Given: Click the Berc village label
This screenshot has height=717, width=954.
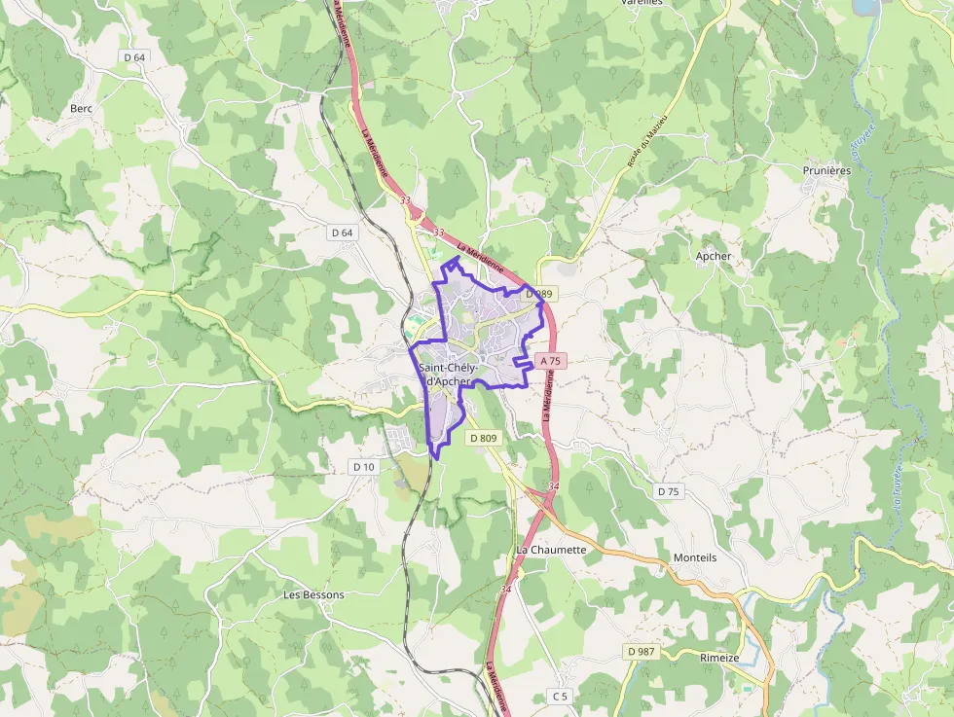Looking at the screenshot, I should coord(81,109).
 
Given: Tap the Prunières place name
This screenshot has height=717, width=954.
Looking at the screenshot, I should coord(826,170).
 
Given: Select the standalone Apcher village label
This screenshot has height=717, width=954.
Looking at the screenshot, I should coord(713,256).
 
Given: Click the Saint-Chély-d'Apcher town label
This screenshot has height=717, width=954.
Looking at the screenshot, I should coord(448,375).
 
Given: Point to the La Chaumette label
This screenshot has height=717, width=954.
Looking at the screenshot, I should coord(551,550).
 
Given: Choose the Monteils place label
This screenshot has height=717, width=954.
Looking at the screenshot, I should coord(695,557).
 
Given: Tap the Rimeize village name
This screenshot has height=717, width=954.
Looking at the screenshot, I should coord(721,658).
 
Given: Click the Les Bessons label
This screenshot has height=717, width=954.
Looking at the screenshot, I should coord(313,594).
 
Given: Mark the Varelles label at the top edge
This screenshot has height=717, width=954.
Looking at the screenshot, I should coord(641,3).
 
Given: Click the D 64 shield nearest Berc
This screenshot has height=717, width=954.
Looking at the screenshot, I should coord(134,57).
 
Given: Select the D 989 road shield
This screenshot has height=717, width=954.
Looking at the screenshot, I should coord(538,294).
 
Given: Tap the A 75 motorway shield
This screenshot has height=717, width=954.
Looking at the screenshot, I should coord(550,361).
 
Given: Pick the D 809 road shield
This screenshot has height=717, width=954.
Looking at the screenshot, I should coord(483,439).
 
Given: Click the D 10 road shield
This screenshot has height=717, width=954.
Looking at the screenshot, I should coord(363,467).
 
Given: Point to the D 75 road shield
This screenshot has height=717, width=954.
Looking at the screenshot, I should coord(668,491).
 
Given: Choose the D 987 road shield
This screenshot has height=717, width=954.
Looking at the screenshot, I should coord(641,651).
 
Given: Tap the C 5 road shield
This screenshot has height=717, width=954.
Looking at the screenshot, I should coord(559,696).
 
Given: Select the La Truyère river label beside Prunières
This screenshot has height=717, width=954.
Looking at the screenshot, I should coord(862,146).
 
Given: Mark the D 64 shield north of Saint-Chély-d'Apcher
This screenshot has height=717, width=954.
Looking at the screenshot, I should coord(341,233).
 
